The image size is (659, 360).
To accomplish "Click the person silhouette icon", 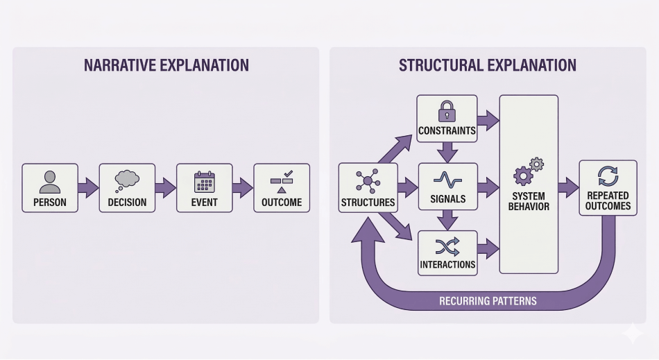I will [50, 181].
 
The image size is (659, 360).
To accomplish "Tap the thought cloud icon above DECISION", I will [127, 180].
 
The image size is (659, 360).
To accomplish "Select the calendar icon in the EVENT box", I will [205, 182].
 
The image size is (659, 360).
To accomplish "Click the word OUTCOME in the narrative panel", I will [282, 203].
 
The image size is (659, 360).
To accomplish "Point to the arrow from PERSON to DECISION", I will [88, 187].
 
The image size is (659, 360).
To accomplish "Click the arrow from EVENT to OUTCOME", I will [243, 187].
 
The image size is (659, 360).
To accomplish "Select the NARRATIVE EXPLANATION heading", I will [166, 66].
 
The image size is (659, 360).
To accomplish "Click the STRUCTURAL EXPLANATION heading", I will [487, 66].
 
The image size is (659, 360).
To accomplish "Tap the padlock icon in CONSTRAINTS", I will [447, 111].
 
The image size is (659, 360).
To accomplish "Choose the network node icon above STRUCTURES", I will [368, 181].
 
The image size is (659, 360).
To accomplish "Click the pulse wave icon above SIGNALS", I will [447, 179].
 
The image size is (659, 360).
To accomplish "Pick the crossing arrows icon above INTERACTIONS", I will [447, 246].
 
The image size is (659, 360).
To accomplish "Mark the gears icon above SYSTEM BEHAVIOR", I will [528, 171].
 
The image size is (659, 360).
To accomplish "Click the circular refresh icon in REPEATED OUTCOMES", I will [608, 176].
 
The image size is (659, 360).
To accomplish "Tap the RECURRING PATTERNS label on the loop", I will [488, 302].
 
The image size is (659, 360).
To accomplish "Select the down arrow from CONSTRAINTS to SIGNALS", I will [447, 150].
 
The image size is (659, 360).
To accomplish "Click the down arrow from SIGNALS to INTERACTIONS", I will [447, 218].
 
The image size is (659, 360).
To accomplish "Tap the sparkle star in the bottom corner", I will [633, 334].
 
